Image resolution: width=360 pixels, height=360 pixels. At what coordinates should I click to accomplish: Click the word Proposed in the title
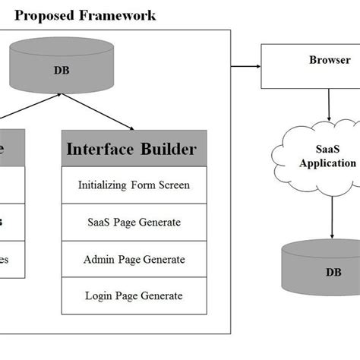[x=43, y=14]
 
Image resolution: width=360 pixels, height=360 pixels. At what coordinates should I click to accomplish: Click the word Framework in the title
[x=114, y=14]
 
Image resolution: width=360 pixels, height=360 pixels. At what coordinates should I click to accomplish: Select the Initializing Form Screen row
[x=134, y=185]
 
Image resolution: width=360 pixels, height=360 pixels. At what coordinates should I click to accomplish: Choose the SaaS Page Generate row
[x=134, y=222]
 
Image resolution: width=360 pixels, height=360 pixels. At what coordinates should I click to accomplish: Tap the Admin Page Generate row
[x=134, y=259]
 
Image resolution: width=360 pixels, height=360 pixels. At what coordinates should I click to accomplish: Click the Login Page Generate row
[x=134, y=295]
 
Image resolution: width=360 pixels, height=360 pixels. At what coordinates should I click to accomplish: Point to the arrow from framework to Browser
[x=245, y=66]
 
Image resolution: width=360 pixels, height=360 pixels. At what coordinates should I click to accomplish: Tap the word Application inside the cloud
[x=327, y=163]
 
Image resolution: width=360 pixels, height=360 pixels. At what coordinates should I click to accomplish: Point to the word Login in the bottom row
[x=99, y=295]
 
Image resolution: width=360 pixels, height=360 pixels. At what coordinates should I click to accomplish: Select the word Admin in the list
[x=99, y=259]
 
